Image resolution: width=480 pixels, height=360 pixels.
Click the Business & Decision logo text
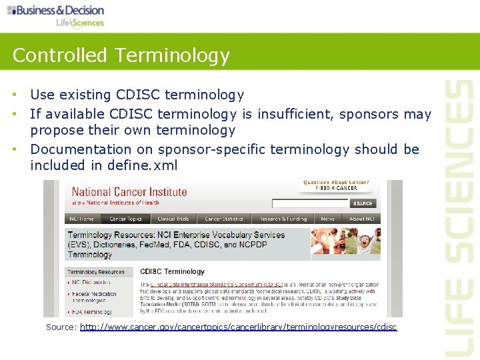coord(60,10)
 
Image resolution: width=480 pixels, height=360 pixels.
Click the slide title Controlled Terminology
coord(121,55)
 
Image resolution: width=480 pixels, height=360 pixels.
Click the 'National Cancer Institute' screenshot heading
coord(129,192)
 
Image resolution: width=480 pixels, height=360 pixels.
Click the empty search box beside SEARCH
coord(310,203)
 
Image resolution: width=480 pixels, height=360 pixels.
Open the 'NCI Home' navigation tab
coord(82,219)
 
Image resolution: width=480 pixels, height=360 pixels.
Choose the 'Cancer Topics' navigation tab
coord(126,219)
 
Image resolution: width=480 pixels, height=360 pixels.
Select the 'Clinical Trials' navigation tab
coord(173,219)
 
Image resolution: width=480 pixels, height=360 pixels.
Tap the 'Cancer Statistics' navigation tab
coord(224,219)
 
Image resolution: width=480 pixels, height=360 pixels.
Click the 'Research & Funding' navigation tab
coord(283,219)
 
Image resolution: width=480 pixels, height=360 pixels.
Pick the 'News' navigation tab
coord(327,219)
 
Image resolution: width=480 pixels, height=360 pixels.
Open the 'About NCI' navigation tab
coord(362,219)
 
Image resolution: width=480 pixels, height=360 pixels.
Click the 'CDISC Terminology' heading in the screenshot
coord(172,271)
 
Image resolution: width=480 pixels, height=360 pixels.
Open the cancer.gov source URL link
coord(238,327)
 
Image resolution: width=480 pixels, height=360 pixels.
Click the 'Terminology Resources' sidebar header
coord(97,272)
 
